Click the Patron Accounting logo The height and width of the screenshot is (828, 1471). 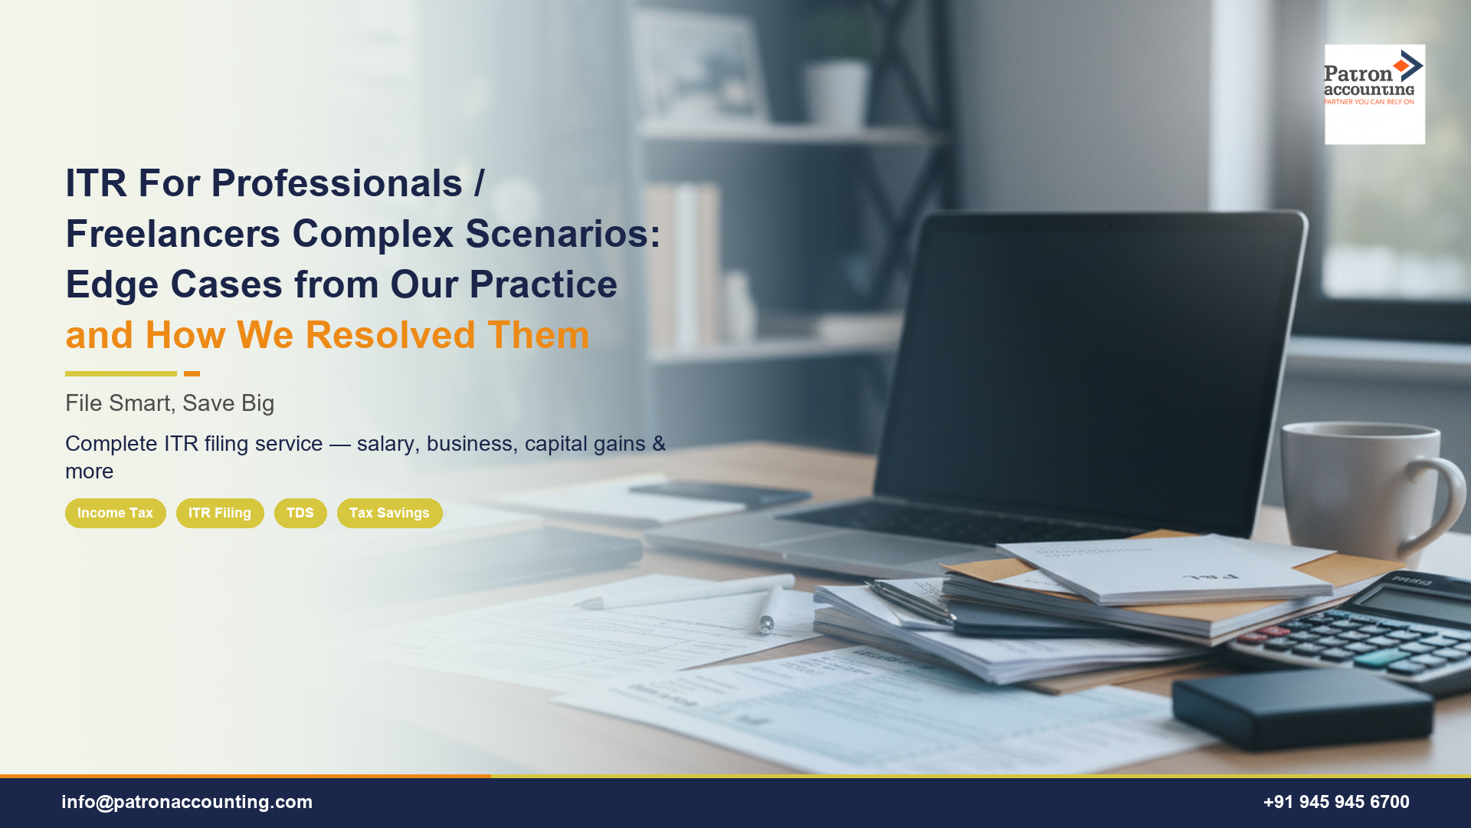click(1374, 94)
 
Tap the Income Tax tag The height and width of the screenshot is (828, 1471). click(115, 513)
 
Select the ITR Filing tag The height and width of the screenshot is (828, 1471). click(220, 513)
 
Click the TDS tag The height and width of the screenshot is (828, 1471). click(300, 513)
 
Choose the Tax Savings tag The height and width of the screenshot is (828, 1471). click(389, 513)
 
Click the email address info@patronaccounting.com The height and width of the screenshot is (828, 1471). click(187, 802)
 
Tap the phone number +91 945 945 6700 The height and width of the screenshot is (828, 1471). click(1336, 802)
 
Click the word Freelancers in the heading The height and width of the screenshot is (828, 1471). click(173, 234)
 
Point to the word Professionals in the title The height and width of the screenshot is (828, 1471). click(336, 183)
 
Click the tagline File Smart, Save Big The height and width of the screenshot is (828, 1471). click(169, 403)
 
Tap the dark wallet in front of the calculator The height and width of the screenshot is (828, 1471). click(1302, 709)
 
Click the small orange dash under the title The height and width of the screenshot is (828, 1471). click(192, 374)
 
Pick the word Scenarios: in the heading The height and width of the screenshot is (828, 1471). click(562, 234)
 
